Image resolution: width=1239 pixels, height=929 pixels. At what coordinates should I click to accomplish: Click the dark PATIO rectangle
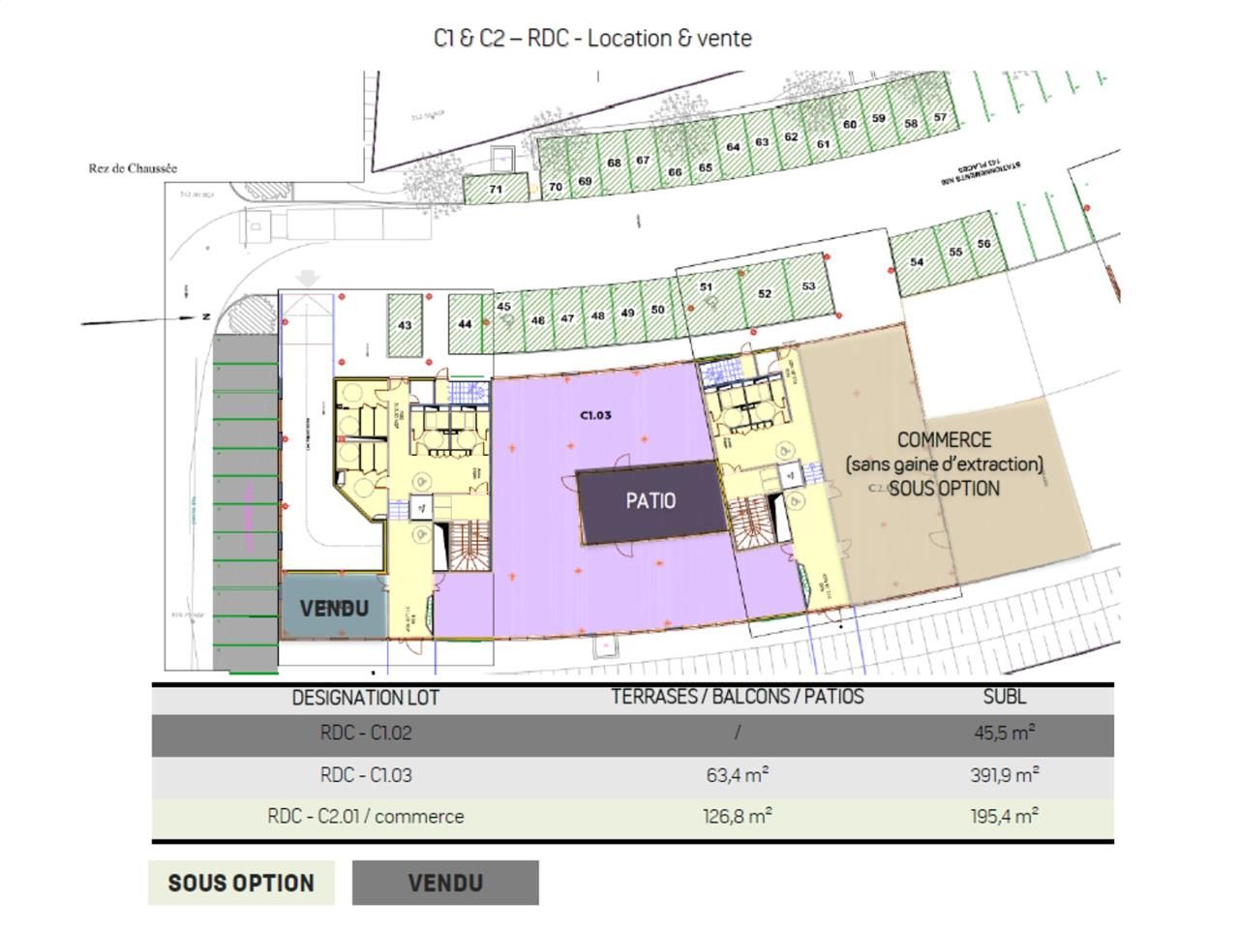650,501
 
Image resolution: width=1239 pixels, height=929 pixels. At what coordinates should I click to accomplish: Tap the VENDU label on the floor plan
334,608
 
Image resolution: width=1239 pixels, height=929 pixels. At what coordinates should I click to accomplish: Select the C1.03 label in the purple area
595,415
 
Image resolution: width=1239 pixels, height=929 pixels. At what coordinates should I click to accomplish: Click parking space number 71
496,189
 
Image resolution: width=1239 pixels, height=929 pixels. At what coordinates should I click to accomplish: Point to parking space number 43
405,325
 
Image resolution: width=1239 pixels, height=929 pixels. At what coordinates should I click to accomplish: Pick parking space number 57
940,117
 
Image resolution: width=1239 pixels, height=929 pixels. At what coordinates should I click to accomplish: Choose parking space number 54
917,261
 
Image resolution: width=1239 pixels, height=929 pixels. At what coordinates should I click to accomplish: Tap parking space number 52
765,293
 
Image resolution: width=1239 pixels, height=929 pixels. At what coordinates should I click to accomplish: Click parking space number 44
465,324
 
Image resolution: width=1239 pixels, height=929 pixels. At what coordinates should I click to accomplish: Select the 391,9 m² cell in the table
1004,775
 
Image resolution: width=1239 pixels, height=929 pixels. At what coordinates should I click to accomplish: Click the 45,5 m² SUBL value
1004,734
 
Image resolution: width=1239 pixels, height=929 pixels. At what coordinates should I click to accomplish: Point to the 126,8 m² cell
737,817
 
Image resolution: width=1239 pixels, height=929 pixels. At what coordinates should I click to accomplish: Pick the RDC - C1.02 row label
366,734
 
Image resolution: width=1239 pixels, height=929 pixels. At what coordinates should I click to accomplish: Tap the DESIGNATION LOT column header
366,698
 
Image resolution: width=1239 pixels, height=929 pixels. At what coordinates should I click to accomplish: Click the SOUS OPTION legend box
241,884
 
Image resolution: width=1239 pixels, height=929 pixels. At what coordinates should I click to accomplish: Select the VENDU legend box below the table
445,884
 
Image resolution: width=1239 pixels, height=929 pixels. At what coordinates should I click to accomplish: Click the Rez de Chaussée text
133,168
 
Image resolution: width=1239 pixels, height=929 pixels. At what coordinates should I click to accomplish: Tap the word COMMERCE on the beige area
944,440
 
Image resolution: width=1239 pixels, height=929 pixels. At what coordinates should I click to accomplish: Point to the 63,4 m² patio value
737,775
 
